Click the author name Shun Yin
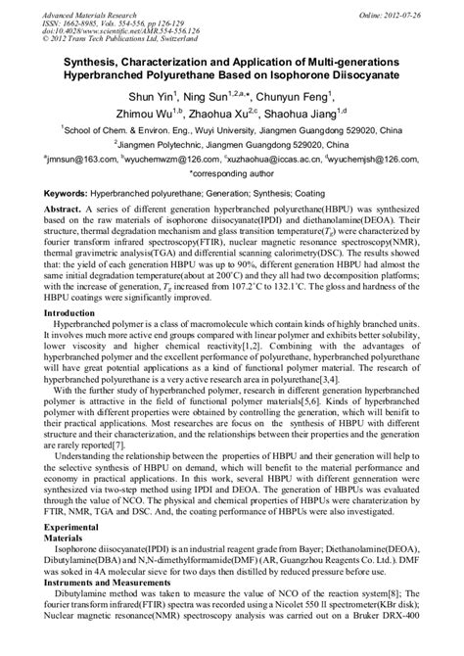(x=152, y=96)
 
